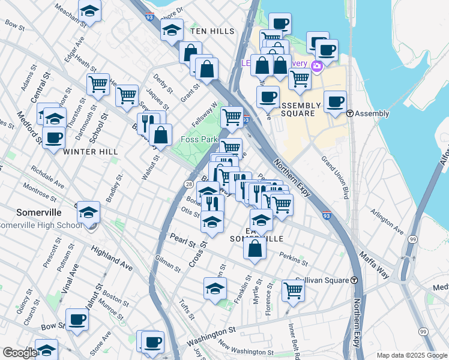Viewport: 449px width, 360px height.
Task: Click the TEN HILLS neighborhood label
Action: click(209, 30)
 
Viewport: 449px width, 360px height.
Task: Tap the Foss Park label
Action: click(200, 140)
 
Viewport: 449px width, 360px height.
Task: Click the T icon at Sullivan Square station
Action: click(354, 280)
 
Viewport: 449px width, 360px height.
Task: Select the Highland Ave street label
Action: click(112, 257)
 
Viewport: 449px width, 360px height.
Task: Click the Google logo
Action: click(20, 353)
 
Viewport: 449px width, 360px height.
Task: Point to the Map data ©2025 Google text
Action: click(411, 355)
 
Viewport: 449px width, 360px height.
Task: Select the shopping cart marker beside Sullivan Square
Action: click(293, 290)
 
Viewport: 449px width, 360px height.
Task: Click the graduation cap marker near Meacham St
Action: click(90, 11)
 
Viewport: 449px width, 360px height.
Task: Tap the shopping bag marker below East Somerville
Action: click(255, 248)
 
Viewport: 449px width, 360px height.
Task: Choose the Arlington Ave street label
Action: click(387, 221)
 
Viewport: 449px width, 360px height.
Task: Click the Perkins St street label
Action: click(293, 259)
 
